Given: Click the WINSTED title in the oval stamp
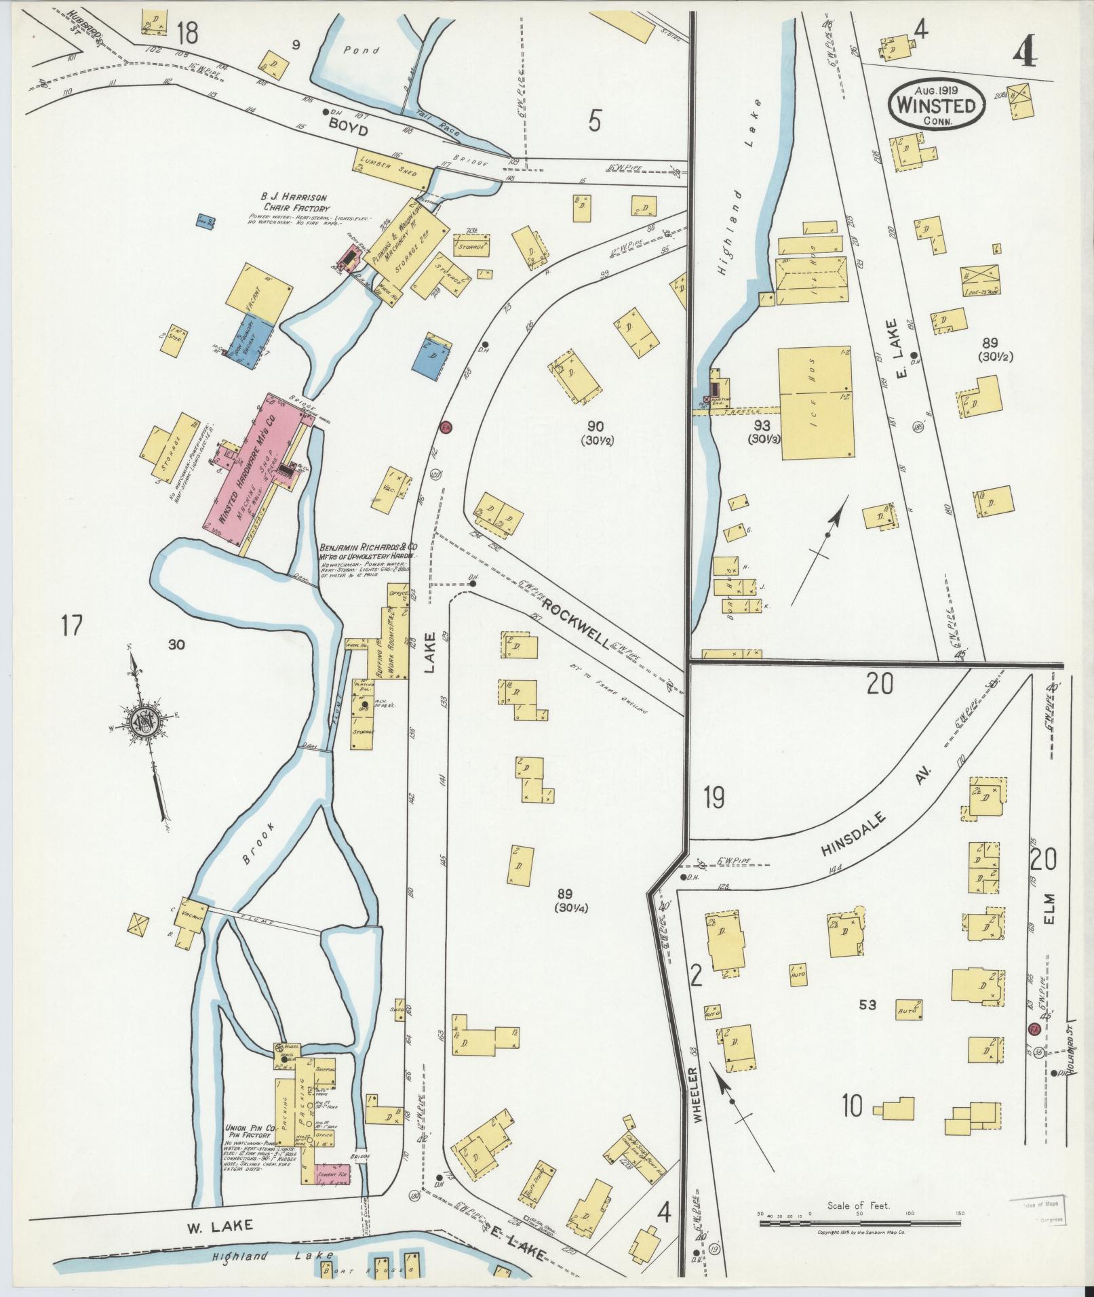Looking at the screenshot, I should coord(938,106).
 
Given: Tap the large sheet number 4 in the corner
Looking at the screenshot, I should coord(1024,48).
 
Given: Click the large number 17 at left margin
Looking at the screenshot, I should coord(71,624).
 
